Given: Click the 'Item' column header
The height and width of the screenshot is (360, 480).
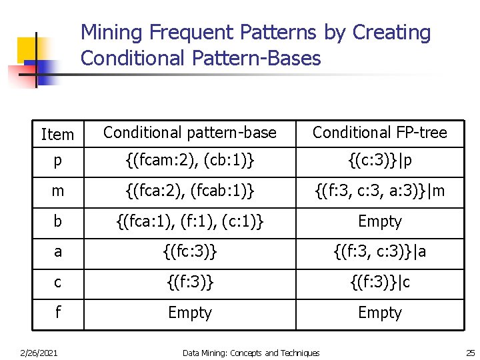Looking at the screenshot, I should point(57,135).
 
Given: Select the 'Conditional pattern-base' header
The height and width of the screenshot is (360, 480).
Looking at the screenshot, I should point(190,133).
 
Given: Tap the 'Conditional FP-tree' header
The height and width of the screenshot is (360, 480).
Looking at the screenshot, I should point(380,133).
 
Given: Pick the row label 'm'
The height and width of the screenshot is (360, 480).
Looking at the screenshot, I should point(58,191).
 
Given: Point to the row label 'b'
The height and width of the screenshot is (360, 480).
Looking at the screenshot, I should point(58,221).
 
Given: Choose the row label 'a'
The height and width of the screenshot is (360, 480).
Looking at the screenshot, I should point(58,252).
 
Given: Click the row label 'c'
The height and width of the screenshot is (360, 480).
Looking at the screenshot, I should point(58,282).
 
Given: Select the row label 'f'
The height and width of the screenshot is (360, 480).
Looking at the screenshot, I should point(58,312).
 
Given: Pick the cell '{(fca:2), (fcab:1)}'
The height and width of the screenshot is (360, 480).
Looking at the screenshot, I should point(190,191).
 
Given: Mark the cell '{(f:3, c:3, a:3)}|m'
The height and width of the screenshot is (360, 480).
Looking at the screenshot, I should point(380,191).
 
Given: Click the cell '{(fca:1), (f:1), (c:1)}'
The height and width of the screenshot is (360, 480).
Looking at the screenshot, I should point(190,221).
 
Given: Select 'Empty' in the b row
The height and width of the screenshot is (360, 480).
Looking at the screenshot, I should point(380,221).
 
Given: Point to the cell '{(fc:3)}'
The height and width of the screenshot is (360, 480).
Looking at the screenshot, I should point(190,252).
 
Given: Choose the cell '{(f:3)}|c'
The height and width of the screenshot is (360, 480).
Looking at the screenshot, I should point(380,282).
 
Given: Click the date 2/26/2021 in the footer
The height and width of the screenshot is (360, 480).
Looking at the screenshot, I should point(39,352).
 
